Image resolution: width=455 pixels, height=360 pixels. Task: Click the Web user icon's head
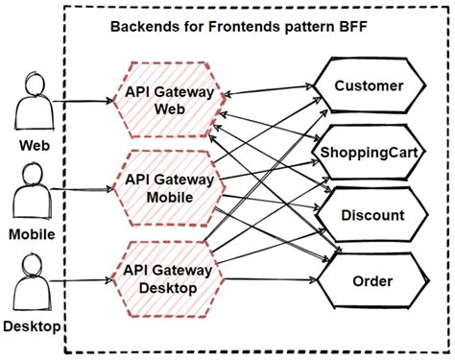tap(34, 84)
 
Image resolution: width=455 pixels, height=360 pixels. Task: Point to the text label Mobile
tap(32, 234)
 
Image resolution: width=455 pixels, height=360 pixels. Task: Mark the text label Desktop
tap(32, 327)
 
